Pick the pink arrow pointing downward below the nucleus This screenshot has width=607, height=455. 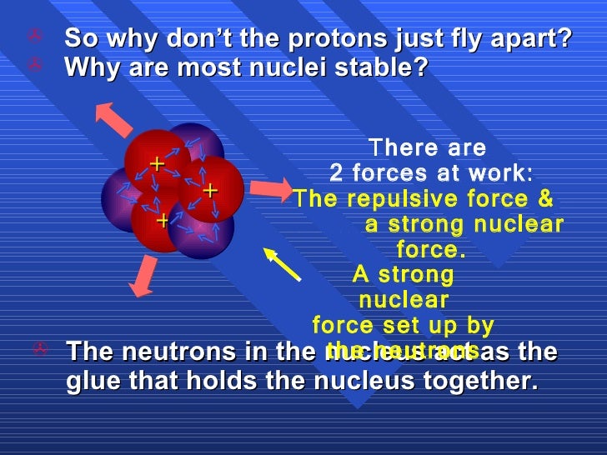(143, 277)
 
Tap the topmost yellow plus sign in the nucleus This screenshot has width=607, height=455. (156, 164)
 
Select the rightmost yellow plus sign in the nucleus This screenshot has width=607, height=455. (210, 191)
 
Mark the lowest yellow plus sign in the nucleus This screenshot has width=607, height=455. (163, 221)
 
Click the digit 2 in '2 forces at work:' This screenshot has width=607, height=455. (336, 173)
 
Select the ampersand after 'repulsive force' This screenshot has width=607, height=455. (544, 199)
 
